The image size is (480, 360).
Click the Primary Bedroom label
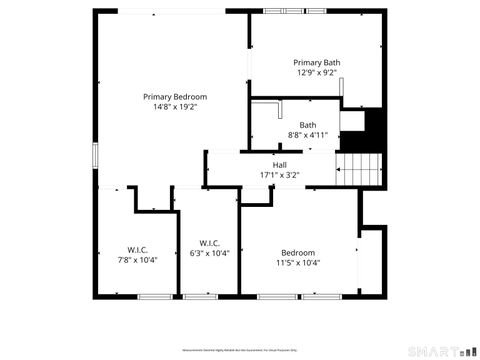175,96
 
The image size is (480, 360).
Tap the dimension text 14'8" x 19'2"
175,107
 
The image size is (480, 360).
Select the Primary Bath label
316,62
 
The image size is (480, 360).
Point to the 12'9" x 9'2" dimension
316,73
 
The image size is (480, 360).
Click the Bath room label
307,124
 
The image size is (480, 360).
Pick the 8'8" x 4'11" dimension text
307,135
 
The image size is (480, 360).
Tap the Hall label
280,164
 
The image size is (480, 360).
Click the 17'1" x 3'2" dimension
280,175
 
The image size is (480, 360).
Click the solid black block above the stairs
374,127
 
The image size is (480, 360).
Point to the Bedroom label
297,252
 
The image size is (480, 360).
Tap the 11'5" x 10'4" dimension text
297,263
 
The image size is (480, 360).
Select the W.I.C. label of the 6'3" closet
209,243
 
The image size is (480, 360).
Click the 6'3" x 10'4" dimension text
209,254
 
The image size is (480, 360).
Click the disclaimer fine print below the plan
240,351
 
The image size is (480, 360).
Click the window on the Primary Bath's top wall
282,11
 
